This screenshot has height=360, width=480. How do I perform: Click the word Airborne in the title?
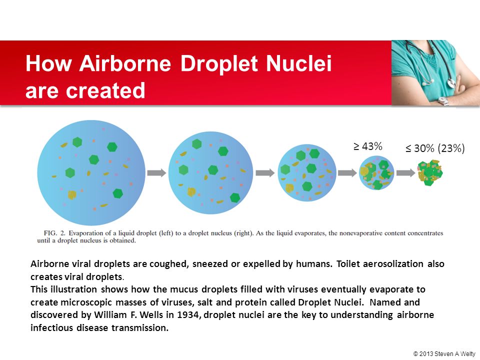125,63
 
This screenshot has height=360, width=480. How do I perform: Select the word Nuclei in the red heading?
298,63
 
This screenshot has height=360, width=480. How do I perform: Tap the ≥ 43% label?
367,146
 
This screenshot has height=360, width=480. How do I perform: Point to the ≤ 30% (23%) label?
435,148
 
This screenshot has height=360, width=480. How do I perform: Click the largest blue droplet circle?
91,172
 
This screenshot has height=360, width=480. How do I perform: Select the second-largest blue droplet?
210,172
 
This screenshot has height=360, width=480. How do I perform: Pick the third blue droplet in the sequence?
306,173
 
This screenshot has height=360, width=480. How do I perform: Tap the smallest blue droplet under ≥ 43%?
376,173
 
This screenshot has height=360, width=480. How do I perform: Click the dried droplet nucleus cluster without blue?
430,172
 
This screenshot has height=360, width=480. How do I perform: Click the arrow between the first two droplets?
156,173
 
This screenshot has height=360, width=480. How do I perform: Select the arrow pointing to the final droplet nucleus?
405,173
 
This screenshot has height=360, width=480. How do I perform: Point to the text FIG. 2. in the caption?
55,233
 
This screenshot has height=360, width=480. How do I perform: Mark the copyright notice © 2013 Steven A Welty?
444,353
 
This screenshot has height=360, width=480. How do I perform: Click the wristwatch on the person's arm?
443,100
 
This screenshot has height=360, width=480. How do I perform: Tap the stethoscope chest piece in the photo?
451,82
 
